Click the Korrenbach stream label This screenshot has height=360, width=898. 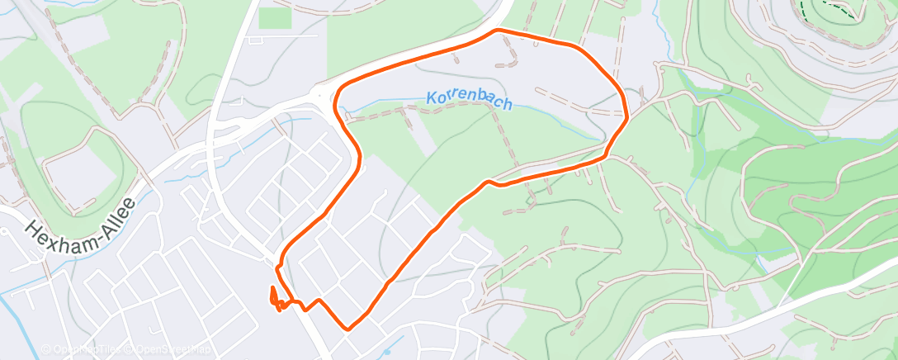(x=470, y=100)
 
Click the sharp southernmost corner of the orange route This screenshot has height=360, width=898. (x=349, y=329)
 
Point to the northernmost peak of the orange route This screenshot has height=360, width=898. (x=498, y=31)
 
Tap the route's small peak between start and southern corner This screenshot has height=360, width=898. (x=315, y=301)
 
